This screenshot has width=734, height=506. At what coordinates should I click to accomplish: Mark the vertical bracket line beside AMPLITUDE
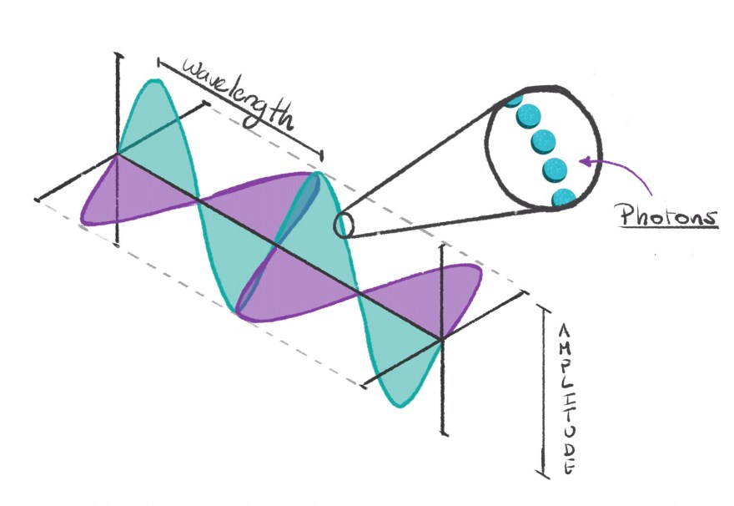click(545, 392)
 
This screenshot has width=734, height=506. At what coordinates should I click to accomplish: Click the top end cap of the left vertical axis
click(119, 55)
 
